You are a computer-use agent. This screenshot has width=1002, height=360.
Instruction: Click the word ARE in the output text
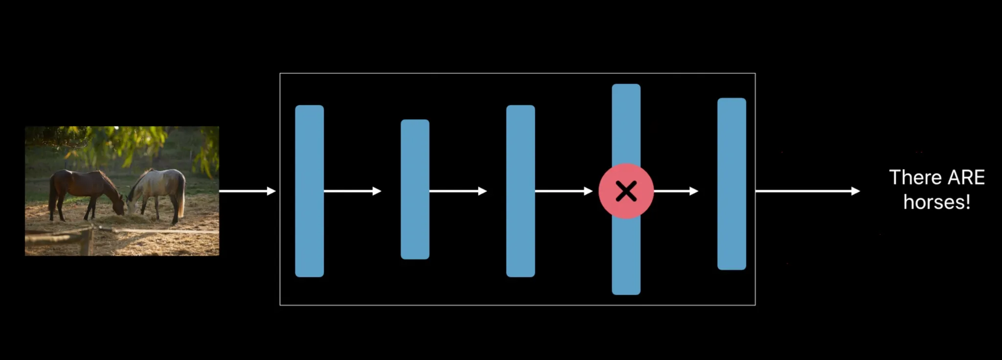coord(966,178)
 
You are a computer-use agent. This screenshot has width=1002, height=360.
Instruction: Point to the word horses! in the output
coord(936,202)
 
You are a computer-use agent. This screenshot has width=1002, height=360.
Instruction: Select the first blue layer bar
coord(309,191)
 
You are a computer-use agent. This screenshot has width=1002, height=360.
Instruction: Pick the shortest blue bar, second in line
coord(415,189)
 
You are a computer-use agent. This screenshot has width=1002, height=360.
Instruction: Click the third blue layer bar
coord(521,191)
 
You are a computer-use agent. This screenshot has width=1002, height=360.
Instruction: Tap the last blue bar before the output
coord(731,184)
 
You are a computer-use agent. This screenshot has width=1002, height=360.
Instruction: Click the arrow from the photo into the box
coord(248,191)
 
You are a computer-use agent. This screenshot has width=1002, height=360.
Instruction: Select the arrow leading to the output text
coord(807,191)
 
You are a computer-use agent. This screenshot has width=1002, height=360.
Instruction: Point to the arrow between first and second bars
coord(352,191)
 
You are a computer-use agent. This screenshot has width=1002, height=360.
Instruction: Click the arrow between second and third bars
coord(458,191)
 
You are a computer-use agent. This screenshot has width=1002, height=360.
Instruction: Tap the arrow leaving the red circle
coord(676,191)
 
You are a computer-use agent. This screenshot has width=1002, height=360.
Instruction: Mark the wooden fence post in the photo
coord(87,242)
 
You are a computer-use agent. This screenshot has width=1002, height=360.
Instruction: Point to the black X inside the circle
coord(626,191)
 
